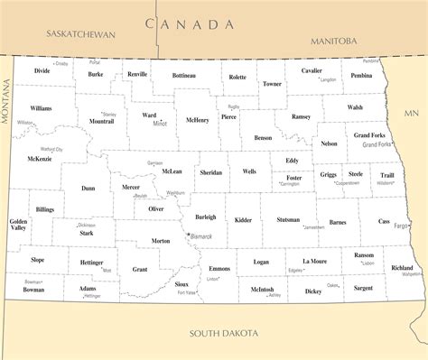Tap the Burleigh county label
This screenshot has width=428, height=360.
(205, 217)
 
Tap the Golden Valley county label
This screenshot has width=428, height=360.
(18, 225)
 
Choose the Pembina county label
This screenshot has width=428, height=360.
(361, 76)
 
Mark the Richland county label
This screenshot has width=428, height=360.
(402, 267)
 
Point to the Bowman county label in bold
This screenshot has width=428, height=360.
(33, 291)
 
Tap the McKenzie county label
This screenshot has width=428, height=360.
(40, 159)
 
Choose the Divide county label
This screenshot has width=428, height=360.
(42, 69)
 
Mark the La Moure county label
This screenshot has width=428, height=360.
(315, 261)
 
